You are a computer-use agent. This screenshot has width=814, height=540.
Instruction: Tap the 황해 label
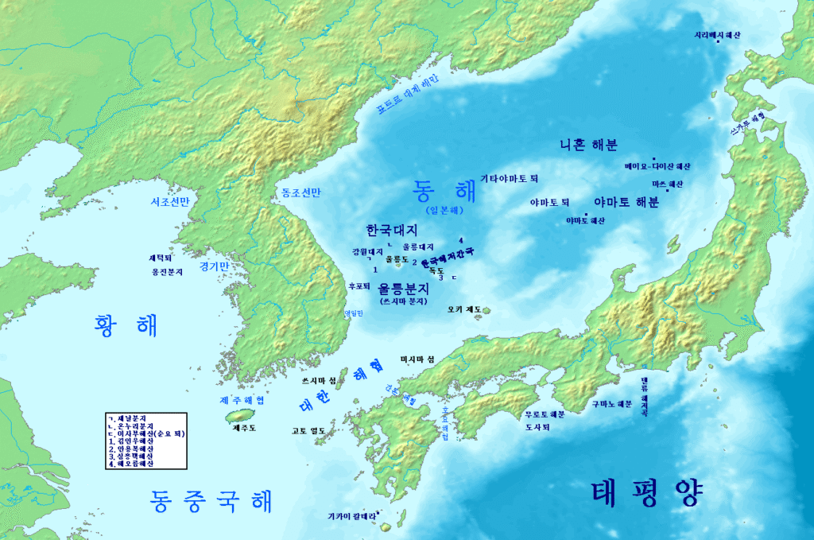(x=126, y=324)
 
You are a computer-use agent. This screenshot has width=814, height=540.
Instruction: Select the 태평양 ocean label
(x=647, y=493)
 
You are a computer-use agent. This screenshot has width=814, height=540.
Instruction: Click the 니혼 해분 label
(x=588, y=145)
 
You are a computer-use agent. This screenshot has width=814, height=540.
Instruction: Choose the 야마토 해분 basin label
(x=626, y=202)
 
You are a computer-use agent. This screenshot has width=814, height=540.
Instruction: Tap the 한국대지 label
(x=392, y=230)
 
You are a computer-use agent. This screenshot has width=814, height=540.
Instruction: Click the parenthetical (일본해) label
(x=444, y=211)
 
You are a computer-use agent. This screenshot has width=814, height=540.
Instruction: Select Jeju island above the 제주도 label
(x=238, y=416)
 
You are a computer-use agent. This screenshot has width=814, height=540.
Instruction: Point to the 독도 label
(x=436, y=270)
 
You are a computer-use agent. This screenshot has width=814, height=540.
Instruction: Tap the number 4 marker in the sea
(x=461, y=240)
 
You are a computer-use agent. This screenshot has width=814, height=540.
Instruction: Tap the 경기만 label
(x=214, y=266)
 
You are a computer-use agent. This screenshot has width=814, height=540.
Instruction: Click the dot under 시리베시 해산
(x=719, y=43)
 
